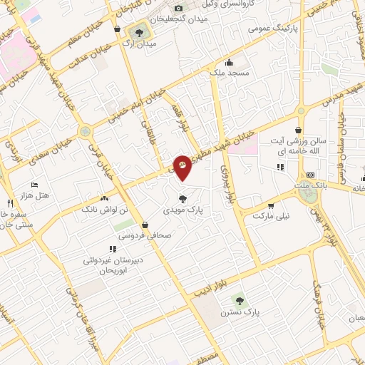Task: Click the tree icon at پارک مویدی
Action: pos(183,198)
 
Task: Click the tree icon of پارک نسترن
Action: pos(239,301)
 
